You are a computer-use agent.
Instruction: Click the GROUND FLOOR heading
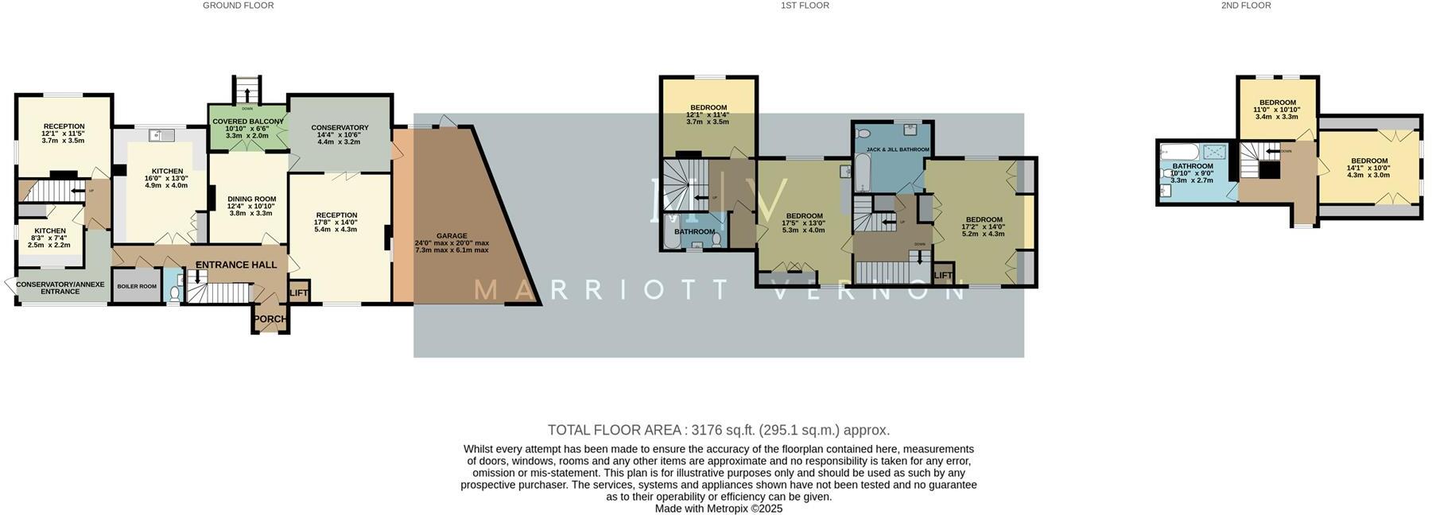(238, 6)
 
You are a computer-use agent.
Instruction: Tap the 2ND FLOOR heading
(1246, 6)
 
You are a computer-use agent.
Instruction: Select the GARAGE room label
(452, 236)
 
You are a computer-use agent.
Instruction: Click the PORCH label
(270, 319)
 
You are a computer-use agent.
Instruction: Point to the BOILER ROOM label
(137, 286)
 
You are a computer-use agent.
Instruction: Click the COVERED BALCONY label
(247, 122)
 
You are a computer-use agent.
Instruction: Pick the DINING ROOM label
(251, 199)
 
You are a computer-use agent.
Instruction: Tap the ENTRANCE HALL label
(236, 265)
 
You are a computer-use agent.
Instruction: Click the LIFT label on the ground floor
(299, 293)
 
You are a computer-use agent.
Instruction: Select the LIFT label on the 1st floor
(943, 276)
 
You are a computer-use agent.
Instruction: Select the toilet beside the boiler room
(175, 293)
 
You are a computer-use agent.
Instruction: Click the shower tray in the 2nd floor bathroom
(1213, 151)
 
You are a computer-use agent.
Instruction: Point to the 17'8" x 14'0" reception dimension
(336, 223)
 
